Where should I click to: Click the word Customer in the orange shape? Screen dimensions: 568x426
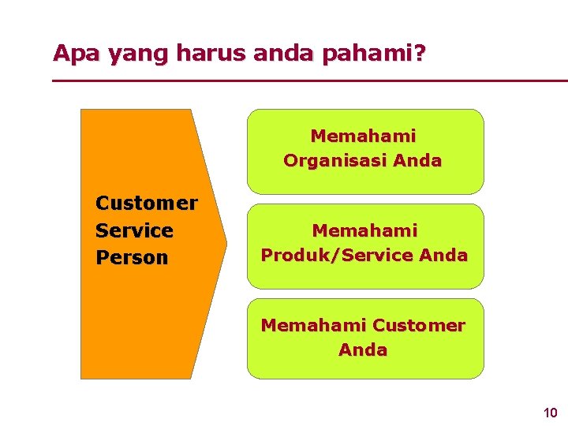(146, 204)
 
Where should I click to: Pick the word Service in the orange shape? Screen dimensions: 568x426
(134, 230)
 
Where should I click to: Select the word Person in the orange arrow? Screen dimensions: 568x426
(132, 257)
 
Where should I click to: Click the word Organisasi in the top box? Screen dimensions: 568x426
(335, 160)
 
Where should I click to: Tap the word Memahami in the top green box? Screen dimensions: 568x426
(363, 136)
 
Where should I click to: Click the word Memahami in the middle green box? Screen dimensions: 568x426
(364, 230)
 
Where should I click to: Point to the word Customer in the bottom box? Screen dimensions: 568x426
(418, 325)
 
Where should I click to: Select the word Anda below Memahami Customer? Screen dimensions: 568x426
(363, 349)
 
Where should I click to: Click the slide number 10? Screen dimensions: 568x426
(550, 413)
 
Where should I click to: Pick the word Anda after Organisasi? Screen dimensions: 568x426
(417, 160)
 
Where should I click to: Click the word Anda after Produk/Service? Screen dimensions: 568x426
(443, 255)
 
